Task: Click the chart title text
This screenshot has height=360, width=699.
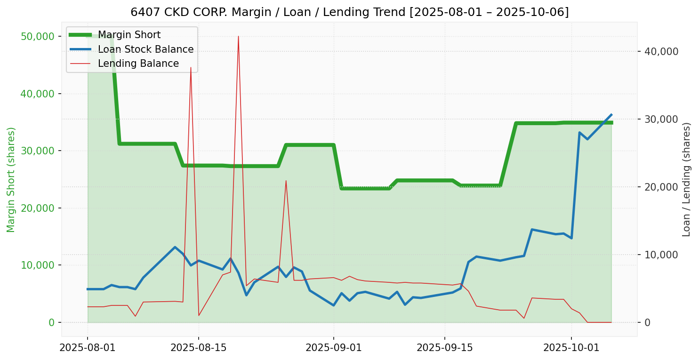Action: click(x=349, y=12)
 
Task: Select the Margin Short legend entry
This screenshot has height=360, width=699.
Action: click(x=129, y=35)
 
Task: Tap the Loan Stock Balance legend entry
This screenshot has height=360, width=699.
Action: click(x=145, y=49)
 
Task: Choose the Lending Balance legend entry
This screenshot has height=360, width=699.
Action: click(x=138, y=64)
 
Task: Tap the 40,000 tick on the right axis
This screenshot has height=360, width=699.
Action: click(x=661, y=51)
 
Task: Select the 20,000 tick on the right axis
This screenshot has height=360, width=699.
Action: click(x=661, y=187)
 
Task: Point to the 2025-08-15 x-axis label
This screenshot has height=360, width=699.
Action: click(x=199, y=348)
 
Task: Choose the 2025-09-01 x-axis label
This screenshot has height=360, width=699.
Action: click(x=334, y=348)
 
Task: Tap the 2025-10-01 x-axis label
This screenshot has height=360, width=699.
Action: click(x=571, y=348)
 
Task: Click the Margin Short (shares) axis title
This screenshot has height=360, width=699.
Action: click(x=11, y=180)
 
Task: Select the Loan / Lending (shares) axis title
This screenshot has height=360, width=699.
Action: click(x=686, y=180)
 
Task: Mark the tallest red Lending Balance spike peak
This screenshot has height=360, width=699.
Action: click(x=238, y=36)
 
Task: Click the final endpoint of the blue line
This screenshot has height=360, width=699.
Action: click(x=611, y=114)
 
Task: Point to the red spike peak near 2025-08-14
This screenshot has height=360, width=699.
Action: click(x=191, y=68)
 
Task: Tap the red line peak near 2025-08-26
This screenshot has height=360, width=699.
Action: click(x=286, y=181)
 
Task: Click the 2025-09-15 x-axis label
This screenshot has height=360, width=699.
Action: click(x=445, y=348)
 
